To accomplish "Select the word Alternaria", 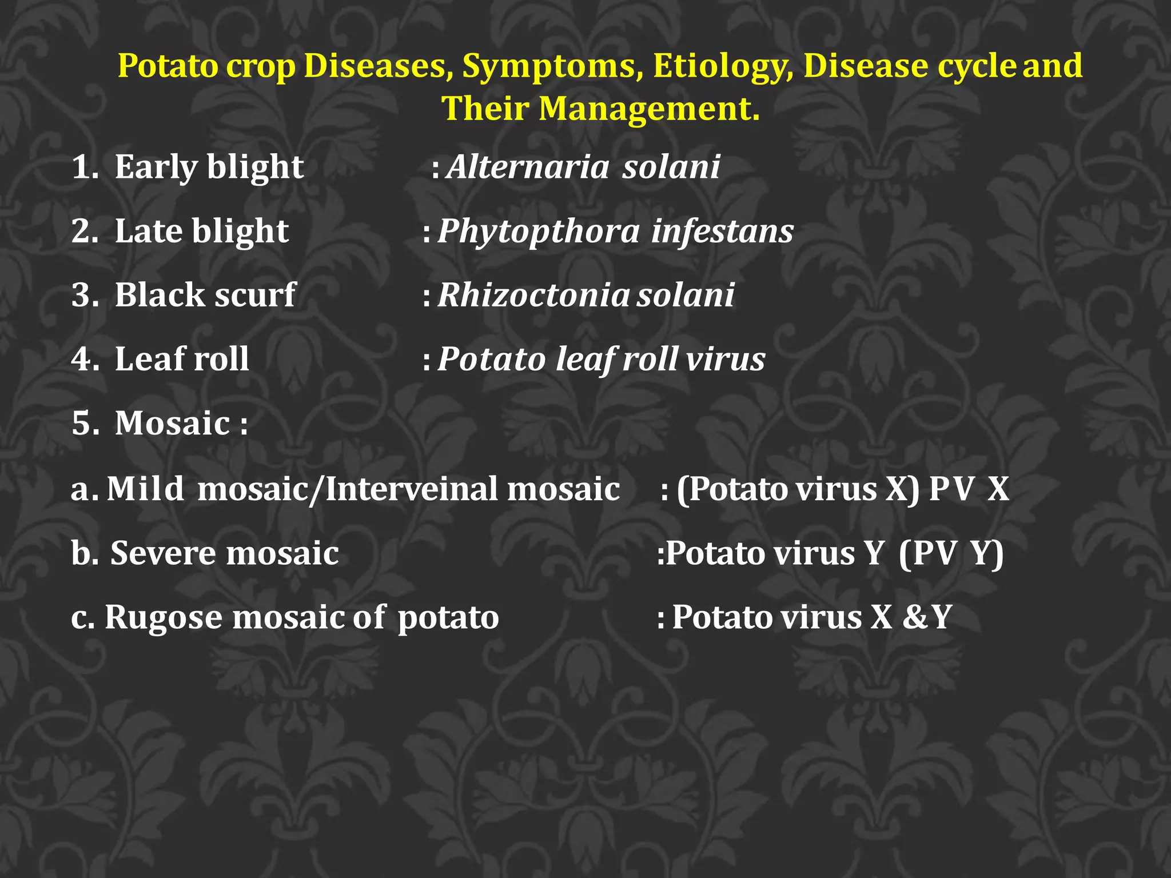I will pyautogui.click(x=528, y=167).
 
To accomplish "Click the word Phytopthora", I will pyautogui.click(x=539, y=232).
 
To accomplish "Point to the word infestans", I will pyautogui.click(x=722, y=232).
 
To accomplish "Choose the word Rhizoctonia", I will pyautogui.click(x=533, y=296).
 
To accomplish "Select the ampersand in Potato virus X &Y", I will pyautogui.click(x=917, y=618).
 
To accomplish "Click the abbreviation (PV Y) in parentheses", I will pyautogui.click(x=951, y=554).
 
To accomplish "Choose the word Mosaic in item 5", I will pyautogui.click(x=172, y=424).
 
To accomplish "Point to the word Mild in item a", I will pyautogui.click(x=145, y=490).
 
